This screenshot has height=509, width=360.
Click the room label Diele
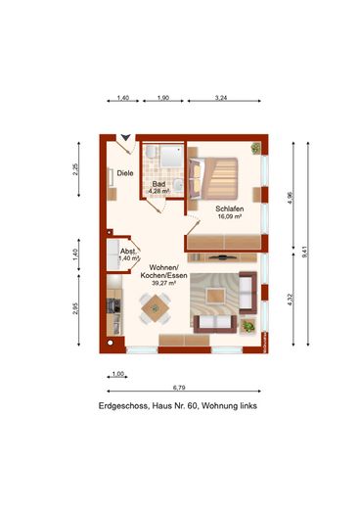tap(125, 174)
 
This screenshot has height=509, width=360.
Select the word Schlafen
tap(230, 208)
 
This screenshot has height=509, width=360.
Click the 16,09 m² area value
tap(230, 218)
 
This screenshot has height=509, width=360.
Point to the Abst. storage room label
tap(128, 250)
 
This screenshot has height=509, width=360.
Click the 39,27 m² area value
tap(162, 285)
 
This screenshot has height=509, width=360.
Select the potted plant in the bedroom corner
tap(256, 148)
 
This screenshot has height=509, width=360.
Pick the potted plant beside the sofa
tap(248, 325)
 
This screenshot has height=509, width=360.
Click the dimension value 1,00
tap(117, 374)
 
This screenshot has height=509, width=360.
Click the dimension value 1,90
tap(163, 99)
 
